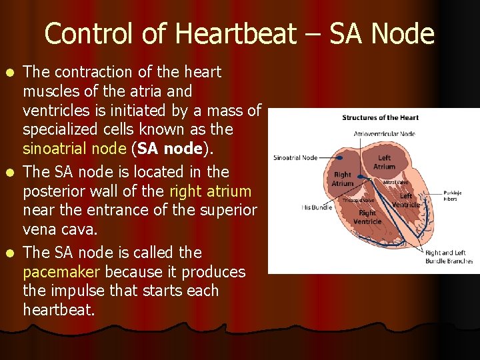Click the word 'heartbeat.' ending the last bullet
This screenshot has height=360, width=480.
(x=58, y=310)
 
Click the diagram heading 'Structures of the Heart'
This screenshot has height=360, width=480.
(x=380, y=118)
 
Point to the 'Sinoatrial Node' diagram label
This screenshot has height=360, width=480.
(x=295, y=158)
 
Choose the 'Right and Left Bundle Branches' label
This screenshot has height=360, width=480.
(x=449, y=257)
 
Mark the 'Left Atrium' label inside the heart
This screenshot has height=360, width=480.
(x=384, y=163)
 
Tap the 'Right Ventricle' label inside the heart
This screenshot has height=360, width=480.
(x=367, y=217)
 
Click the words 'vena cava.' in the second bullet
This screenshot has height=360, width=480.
(x=60, y=230)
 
